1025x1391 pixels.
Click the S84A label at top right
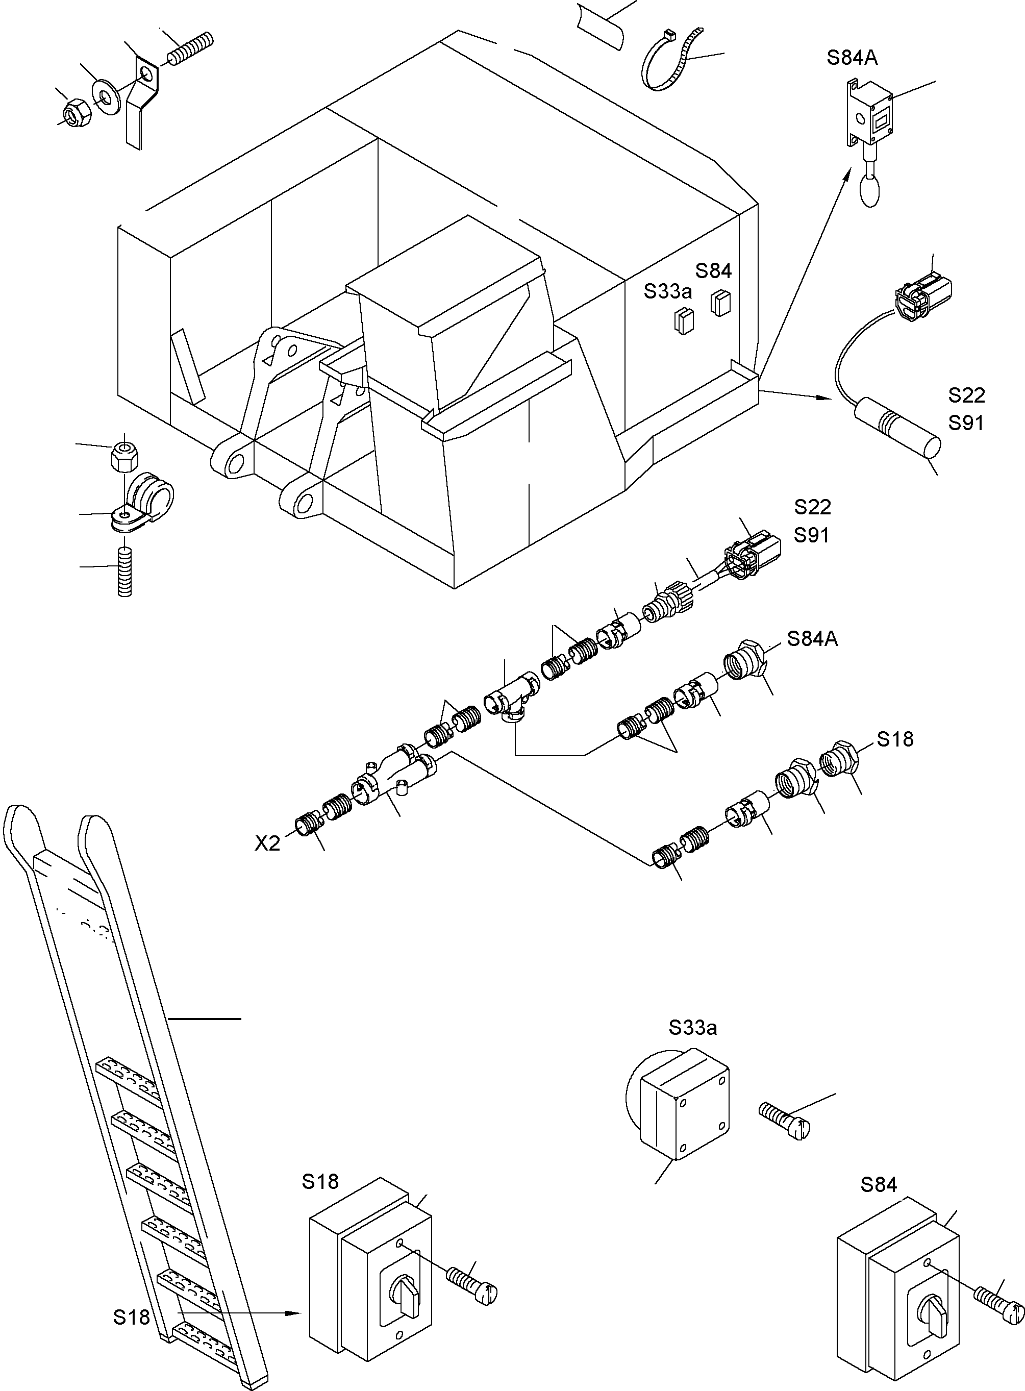(x=852, y=58)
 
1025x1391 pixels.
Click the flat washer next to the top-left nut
(x=107, y=96)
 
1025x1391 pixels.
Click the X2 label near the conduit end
(x=267, y=843)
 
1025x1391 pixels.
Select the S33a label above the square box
(x=692, y=1028)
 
